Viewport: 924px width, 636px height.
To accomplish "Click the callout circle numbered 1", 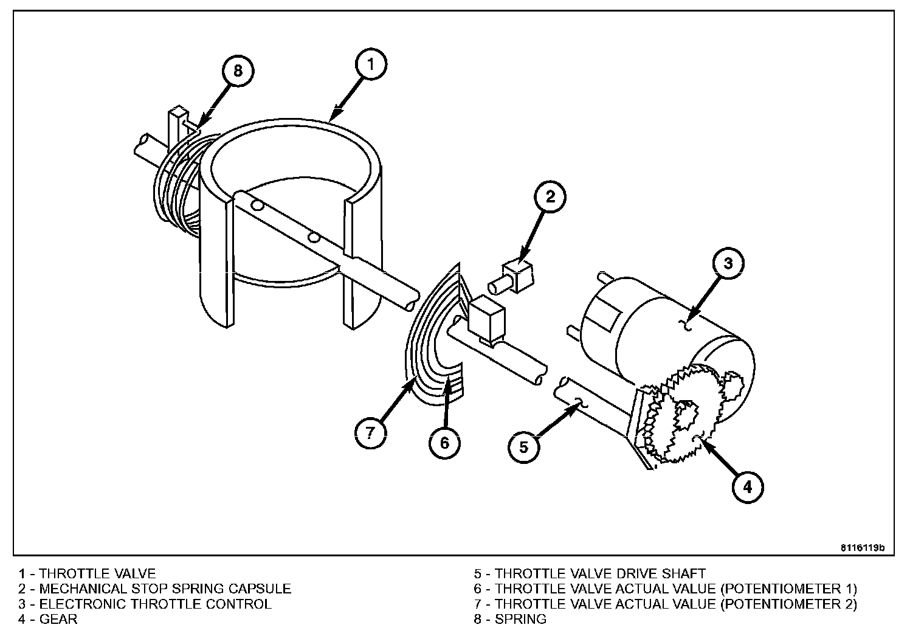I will [372, 64].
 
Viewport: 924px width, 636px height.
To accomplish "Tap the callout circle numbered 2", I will [550, 196].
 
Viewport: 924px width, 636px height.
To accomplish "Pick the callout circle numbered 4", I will [747, 486].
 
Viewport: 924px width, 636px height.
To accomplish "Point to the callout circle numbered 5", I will [524, 448].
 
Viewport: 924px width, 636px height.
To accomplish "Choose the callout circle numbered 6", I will [444, 443].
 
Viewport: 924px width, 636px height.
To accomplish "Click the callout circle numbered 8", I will [238, 71].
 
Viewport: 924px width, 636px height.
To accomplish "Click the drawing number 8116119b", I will [863, 547].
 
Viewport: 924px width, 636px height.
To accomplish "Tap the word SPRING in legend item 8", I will [520, 619].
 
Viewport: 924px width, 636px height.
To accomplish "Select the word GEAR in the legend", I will [58, 619].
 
